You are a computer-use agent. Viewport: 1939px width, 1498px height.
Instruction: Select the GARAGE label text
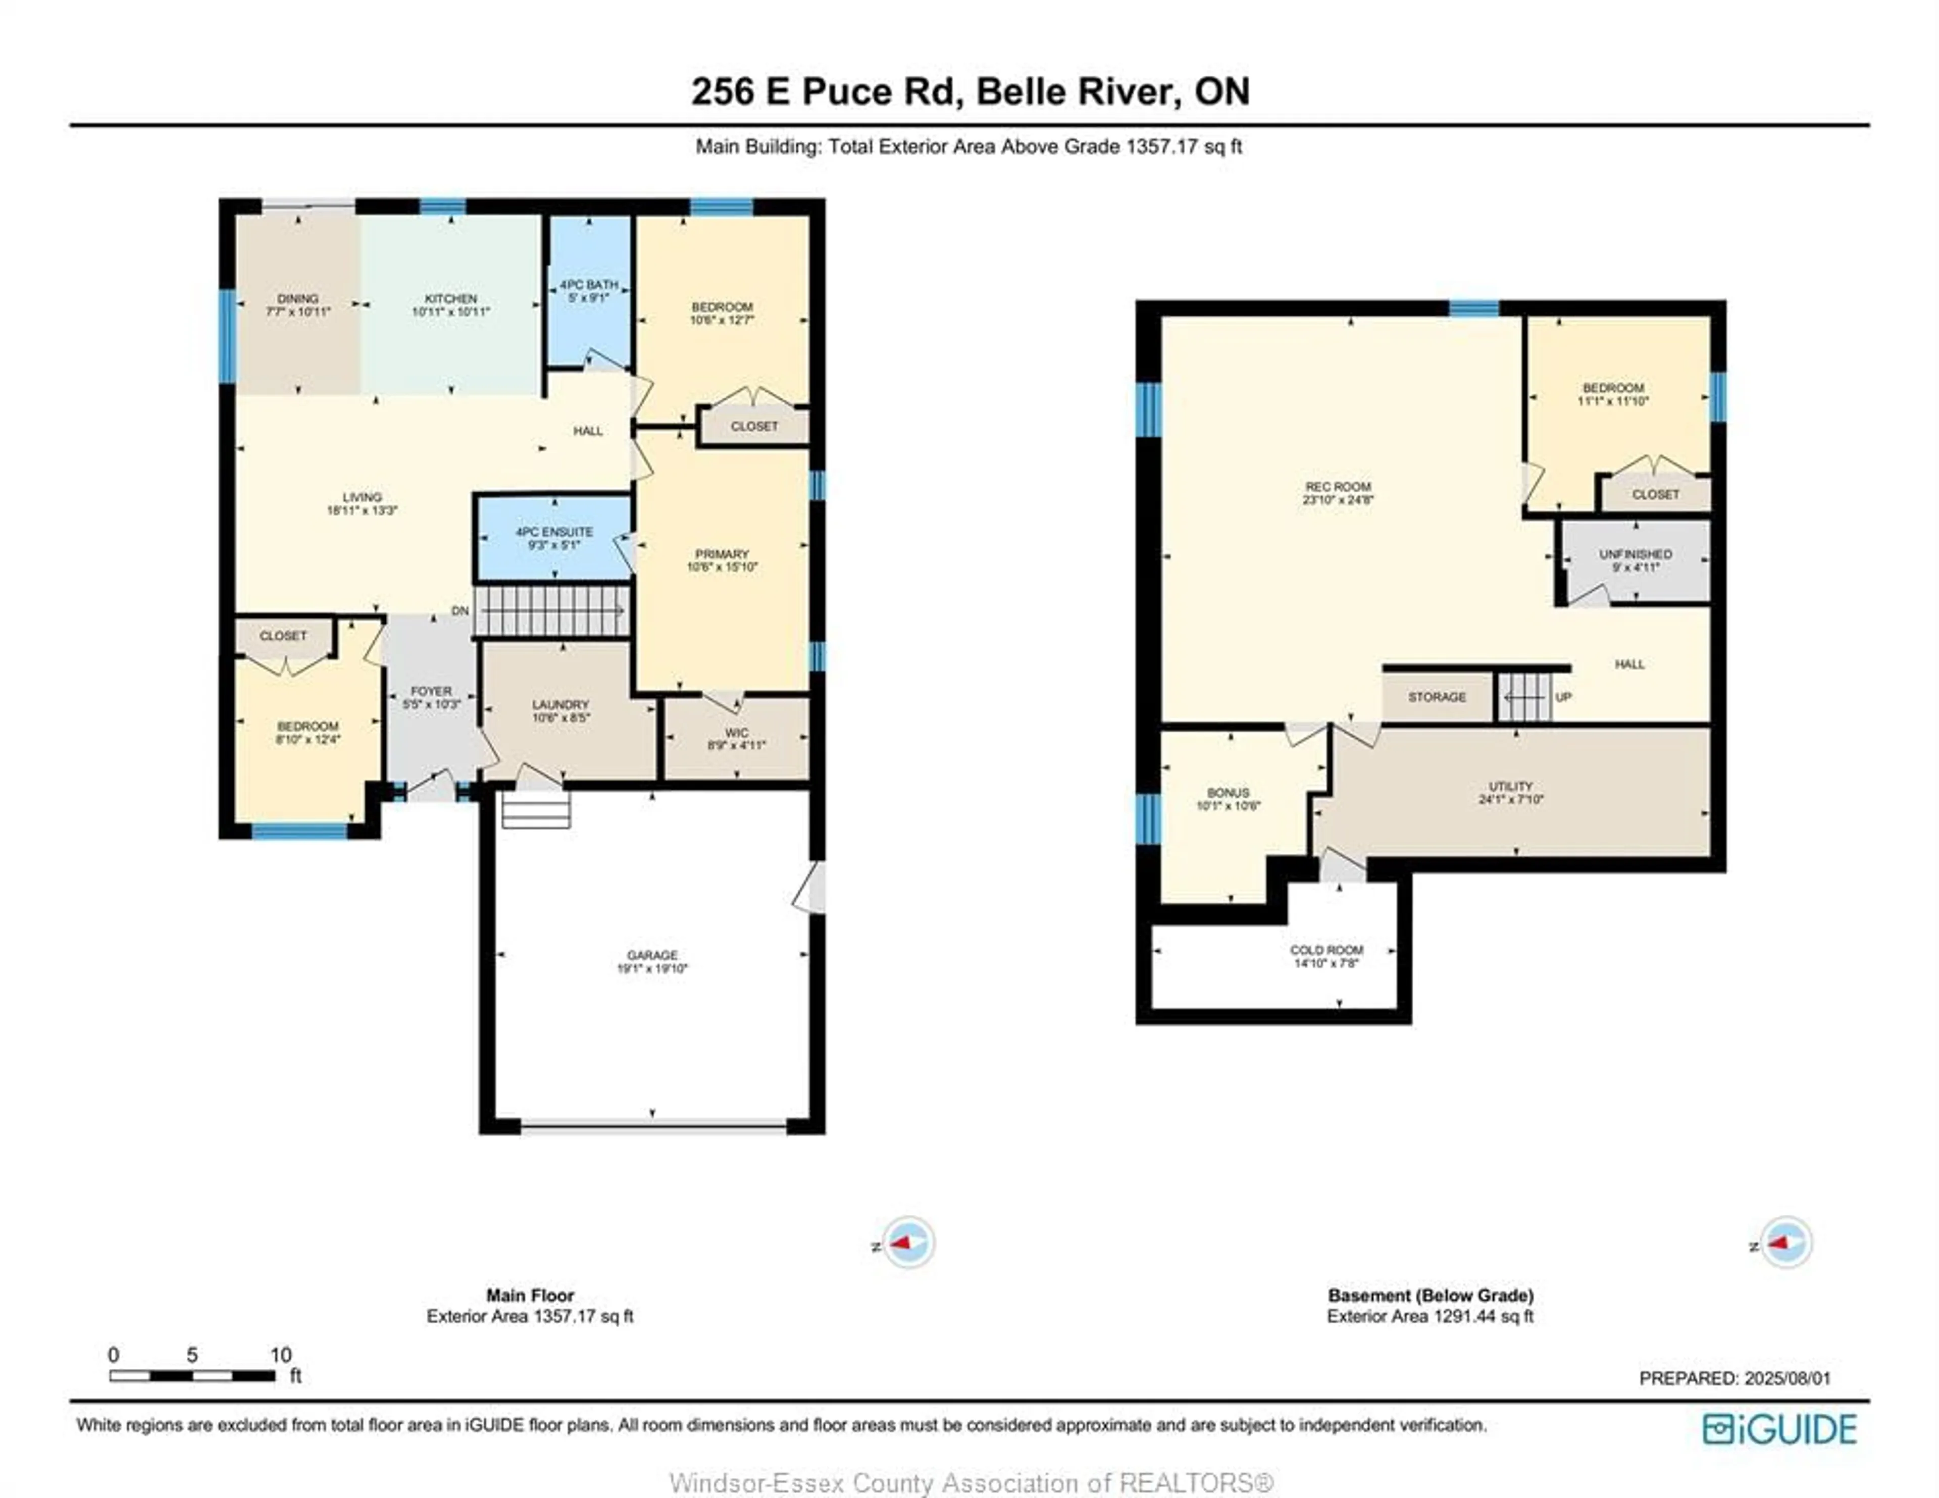[652, 955]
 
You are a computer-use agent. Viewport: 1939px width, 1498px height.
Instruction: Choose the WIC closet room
[736, 739]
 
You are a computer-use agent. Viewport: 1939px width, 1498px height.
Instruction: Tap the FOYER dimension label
[432, 704]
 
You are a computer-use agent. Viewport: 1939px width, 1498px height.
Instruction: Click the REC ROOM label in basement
[1338, 487]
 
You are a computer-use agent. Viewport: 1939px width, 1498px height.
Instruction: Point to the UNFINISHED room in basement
[1636, 560]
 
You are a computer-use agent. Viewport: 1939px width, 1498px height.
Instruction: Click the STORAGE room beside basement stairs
[1437, 697]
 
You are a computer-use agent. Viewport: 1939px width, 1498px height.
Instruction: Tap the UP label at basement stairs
[1563, 697]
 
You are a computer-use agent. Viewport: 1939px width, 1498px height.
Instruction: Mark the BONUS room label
[1228, 792]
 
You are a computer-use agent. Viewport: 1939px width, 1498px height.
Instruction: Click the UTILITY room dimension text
[1511, 799]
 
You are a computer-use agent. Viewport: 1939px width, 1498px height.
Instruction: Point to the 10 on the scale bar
[281, 1355]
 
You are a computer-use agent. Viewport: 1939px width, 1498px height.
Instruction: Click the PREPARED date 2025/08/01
[1787, 1378]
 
